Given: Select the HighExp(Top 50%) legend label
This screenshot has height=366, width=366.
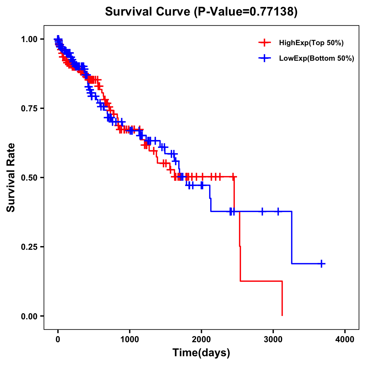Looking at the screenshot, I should (311, 43).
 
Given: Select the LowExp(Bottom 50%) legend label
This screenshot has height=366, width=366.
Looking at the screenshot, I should (317, 59).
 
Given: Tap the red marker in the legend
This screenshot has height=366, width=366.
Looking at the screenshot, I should (264, 43).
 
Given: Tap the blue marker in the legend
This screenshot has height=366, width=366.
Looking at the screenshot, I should (264, 59).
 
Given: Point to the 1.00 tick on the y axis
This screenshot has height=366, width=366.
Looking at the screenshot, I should (30, 39).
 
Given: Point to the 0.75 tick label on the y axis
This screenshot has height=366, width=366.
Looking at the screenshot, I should (30, 108).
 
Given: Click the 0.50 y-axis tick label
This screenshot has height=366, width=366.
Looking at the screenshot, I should (30, 178).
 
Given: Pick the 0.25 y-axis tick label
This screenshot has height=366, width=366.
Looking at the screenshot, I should (30, 247).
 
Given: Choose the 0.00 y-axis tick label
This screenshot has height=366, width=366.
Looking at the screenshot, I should (30, 316).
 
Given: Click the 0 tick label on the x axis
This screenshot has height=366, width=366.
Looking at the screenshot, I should (58, 339).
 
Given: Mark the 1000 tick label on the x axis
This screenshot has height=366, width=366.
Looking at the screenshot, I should (130, 339).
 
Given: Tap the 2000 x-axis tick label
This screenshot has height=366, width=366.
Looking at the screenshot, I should (201, 339).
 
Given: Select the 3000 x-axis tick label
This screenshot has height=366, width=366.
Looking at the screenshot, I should (273, 339).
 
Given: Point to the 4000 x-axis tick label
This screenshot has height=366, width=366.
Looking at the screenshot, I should (345, 339).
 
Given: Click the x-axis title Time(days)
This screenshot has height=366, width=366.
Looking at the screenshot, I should (201, 353).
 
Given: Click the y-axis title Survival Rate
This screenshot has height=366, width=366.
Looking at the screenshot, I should (11, 178).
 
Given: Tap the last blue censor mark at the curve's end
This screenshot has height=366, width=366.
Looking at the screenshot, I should (321, 264).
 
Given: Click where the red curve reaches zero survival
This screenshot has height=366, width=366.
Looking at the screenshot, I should (282, 315).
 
